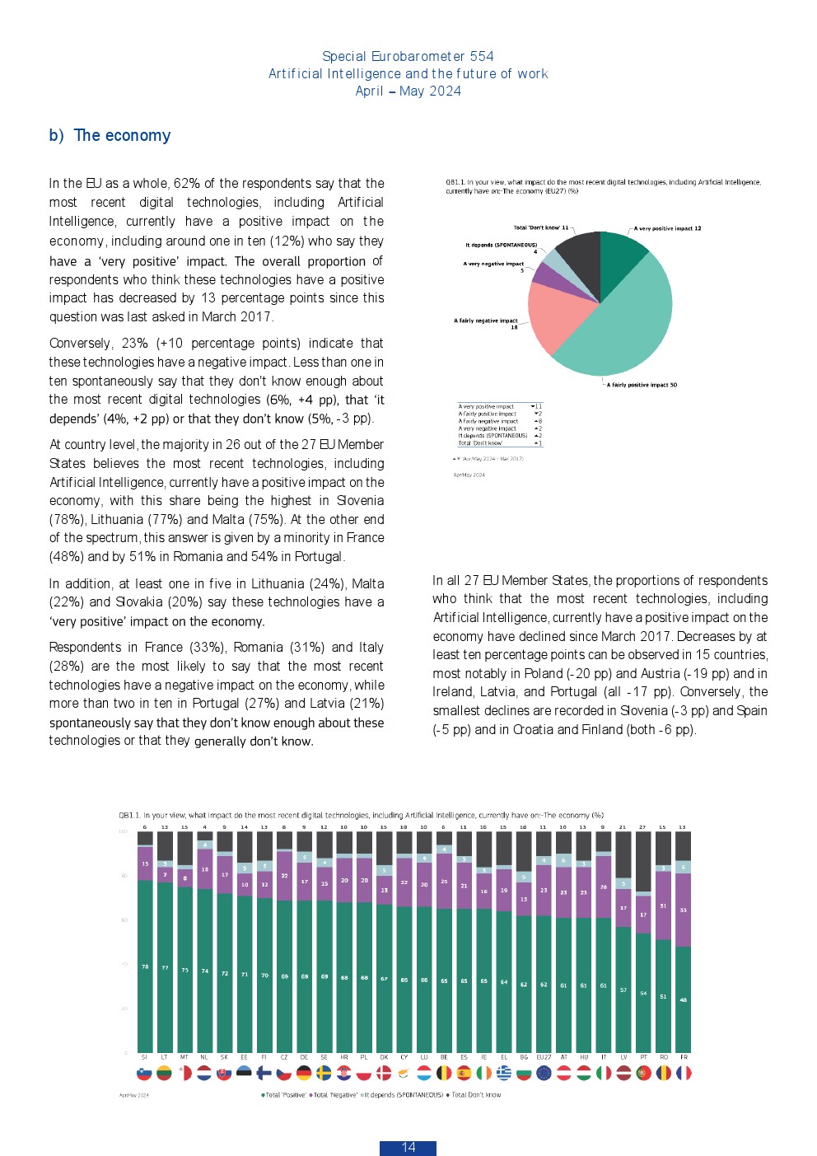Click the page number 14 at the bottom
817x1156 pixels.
(x=408, y=1147)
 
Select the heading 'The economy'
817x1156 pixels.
(x=122, y=136)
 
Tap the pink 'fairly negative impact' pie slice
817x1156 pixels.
(x=558, y=316)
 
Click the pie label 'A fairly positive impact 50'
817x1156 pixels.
(x=642, y=385)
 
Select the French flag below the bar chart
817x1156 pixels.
(x=684, y=1073)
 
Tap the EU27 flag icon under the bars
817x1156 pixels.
(x=544, y=1073)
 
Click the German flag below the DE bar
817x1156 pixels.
(x=304, y=1073)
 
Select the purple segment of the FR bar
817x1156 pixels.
(x=683, y=910)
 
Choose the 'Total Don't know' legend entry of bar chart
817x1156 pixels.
(x=474, y=1095)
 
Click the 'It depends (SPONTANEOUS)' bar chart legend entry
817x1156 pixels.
(x=403, y=1095)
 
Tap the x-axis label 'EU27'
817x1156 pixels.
(x=544, y=1057)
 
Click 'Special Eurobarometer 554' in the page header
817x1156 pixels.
(x=408, y=56)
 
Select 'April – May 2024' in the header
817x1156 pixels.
(x=408, y=91)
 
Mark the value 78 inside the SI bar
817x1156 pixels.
(x=145, y=966)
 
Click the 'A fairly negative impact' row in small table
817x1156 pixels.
(x=488, y=421)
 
